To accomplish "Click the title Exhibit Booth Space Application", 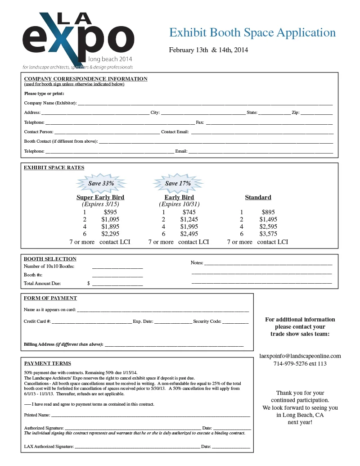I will tap(252, 33).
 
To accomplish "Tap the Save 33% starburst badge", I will tap(101, 183).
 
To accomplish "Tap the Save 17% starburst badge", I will tap(178, 183).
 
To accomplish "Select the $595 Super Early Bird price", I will tap(110, 212).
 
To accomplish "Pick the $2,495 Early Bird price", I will tap(189, 234).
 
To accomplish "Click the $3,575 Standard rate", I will tap(268, 234).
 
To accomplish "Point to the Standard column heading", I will tap(258, 197).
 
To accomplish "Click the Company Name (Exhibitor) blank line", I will tap(205, 104).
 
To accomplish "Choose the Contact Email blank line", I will tap(262, 132).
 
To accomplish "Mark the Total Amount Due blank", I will tap(117, 284).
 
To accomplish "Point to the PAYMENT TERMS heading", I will tap(47, 363).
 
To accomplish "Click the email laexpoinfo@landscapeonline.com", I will tap(300, 356).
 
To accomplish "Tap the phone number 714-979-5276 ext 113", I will tap(300, 364).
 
